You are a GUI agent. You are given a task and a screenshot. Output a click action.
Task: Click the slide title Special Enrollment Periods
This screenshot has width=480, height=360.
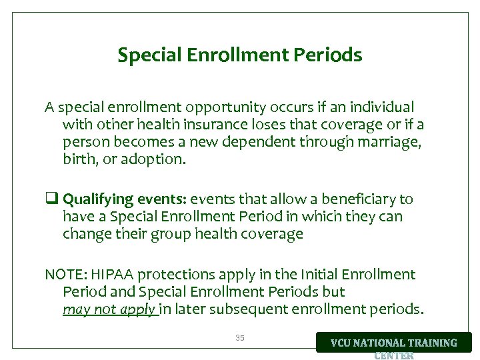[240, 55]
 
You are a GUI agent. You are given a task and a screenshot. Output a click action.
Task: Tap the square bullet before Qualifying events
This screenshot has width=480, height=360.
[50, 199]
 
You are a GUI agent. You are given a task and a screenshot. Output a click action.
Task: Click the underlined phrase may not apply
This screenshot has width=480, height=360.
[109, 309]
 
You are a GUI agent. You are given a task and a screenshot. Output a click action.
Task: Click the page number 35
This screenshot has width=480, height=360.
[240, 338]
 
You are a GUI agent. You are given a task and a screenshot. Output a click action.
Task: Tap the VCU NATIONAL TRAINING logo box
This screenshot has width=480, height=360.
[394, 343]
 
